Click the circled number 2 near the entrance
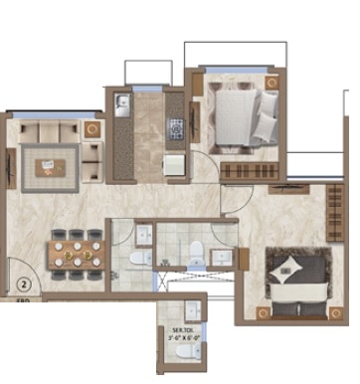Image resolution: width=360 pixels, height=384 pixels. click(22, 267)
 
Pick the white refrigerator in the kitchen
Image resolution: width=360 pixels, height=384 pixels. click(174, 164)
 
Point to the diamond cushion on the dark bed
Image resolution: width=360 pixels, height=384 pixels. click(285, 266)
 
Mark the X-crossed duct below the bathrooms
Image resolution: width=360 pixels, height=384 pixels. click(172, 281)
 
